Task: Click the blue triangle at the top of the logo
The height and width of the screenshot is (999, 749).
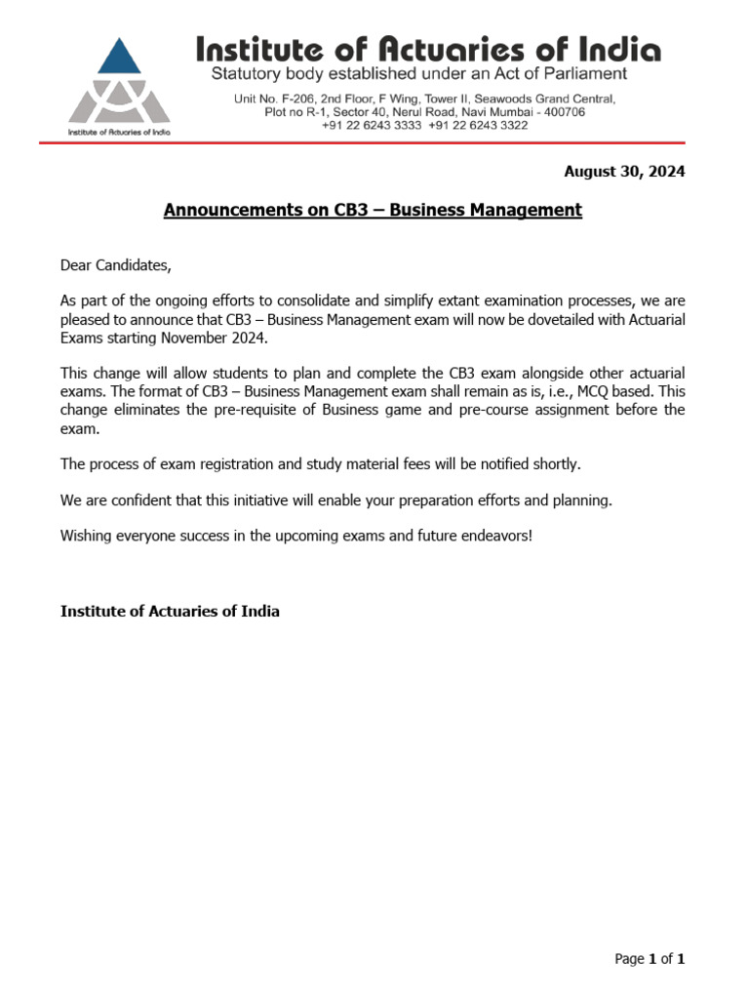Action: click(x=118, y=58)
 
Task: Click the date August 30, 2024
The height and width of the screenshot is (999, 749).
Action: click(x=624, y=172)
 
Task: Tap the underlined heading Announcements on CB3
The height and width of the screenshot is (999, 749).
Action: click(x=373, y=210)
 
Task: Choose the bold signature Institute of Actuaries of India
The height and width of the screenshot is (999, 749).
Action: click(x=170, y=612)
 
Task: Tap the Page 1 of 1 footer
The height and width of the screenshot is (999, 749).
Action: click(x=650, y=959)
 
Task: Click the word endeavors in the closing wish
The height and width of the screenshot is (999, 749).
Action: click(x=494, y=536)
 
